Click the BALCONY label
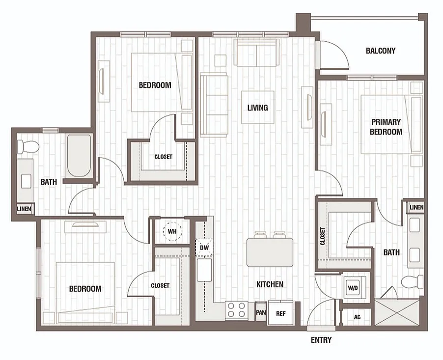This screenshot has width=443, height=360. pyautogui.click(x=380, y=51)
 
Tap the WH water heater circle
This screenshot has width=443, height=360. pyautogui.click(x=172, y=231)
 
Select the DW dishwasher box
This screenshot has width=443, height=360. pyautogui.click(x=204, y=248)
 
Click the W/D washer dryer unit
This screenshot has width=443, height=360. pyautogui.click(x=353, y=288)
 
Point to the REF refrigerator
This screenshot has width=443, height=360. pyautogui.click(x=280, y=313)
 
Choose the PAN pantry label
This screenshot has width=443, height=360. pyautogui.click(x=261, y=312)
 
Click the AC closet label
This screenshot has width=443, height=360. pyautogui.click(x=357, y=317)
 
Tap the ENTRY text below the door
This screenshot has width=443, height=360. pyautogui.click(x=321, y=340)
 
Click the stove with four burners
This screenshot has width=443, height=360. pyautogui.click(x=237, y=310)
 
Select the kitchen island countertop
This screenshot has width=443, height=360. pyautogui.click(x=270, y=252)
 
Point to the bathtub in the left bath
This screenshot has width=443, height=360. pyautogui.click(x=79, y=155)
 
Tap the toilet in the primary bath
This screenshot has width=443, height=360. pyautogui.click(x=413, y=282)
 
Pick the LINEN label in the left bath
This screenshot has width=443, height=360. pyautogui.click(x=24, y=209)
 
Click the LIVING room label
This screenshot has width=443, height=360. pyautogui.click(x=258, y=108)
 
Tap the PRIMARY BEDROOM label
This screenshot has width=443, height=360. pyautogui.click(x=386, y=127)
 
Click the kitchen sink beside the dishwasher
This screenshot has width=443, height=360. pyautogui.click(x=204, y=271)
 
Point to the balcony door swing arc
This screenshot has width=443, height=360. pyautogui.click(x=342, y=51)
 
